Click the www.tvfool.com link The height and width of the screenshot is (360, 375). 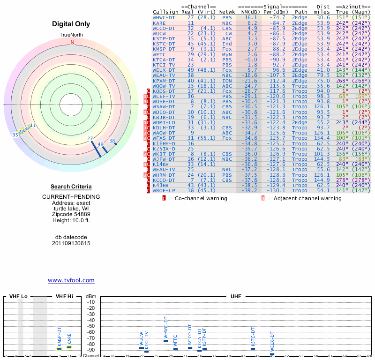71,280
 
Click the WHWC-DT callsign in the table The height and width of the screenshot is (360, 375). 164,17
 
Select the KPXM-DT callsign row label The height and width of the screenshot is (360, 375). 164,81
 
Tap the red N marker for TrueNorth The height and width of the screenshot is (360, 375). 72,42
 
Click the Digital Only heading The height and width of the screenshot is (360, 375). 71,24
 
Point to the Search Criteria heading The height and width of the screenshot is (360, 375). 71,187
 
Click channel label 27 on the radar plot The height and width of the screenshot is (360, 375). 90,138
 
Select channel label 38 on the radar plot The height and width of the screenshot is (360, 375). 112,141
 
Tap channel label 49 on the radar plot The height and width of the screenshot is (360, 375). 100,144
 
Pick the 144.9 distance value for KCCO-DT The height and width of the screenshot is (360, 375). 322,180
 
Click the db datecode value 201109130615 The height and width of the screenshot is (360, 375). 71,243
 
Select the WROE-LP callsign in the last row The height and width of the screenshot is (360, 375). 164,190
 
